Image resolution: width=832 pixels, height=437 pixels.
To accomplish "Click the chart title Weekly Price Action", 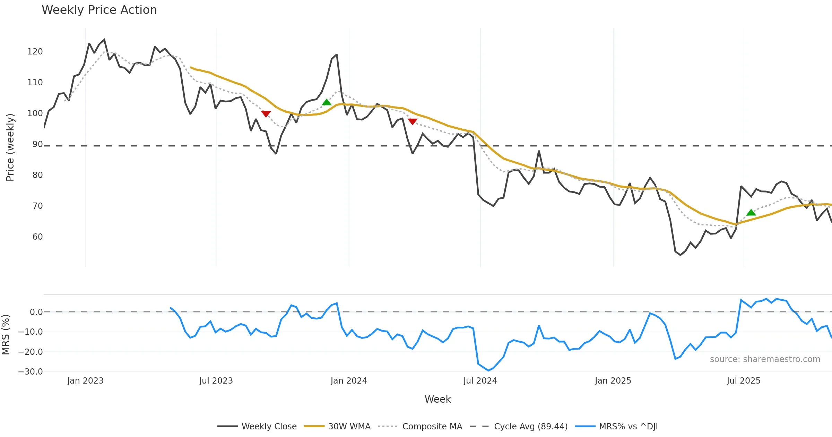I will [x=99, y=10].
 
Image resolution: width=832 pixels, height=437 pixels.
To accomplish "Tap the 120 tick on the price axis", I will [x=35, y=52].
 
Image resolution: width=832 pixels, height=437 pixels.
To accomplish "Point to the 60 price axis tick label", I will [x=37, y=237].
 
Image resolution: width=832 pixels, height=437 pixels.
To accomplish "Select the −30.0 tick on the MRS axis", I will [x=31, y=372].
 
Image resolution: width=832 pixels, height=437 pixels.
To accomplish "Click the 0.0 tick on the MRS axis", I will [x=36, y=312].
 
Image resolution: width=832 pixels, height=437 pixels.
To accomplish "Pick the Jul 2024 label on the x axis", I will [x=480, y=381].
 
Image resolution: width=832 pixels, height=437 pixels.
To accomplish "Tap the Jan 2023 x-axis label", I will [x=85, y=381].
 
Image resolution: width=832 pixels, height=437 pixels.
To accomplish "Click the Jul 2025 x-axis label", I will [x=744, y=381].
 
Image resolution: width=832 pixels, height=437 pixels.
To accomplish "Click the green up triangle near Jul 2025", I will [x=751, y=213].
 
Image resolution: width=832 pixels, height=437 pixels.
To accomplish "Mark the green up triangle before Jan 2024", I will [x=327, y=102].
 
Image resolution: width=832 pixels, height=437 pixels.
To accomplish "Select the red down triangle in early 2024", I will [x=413, y=121].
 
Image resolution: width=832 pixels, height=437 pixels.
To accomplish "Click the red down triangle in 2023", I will [x=266, y=114].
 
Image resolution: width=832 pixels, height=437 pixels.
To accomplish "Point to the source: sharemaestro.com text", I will [x=765, y=359].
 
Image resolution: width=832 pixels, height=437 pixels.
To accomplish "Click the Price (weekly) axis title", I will [x=10, y=147].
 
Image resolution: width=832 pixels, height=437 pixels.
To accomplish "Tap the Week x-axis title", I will [x=437, y=400].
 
